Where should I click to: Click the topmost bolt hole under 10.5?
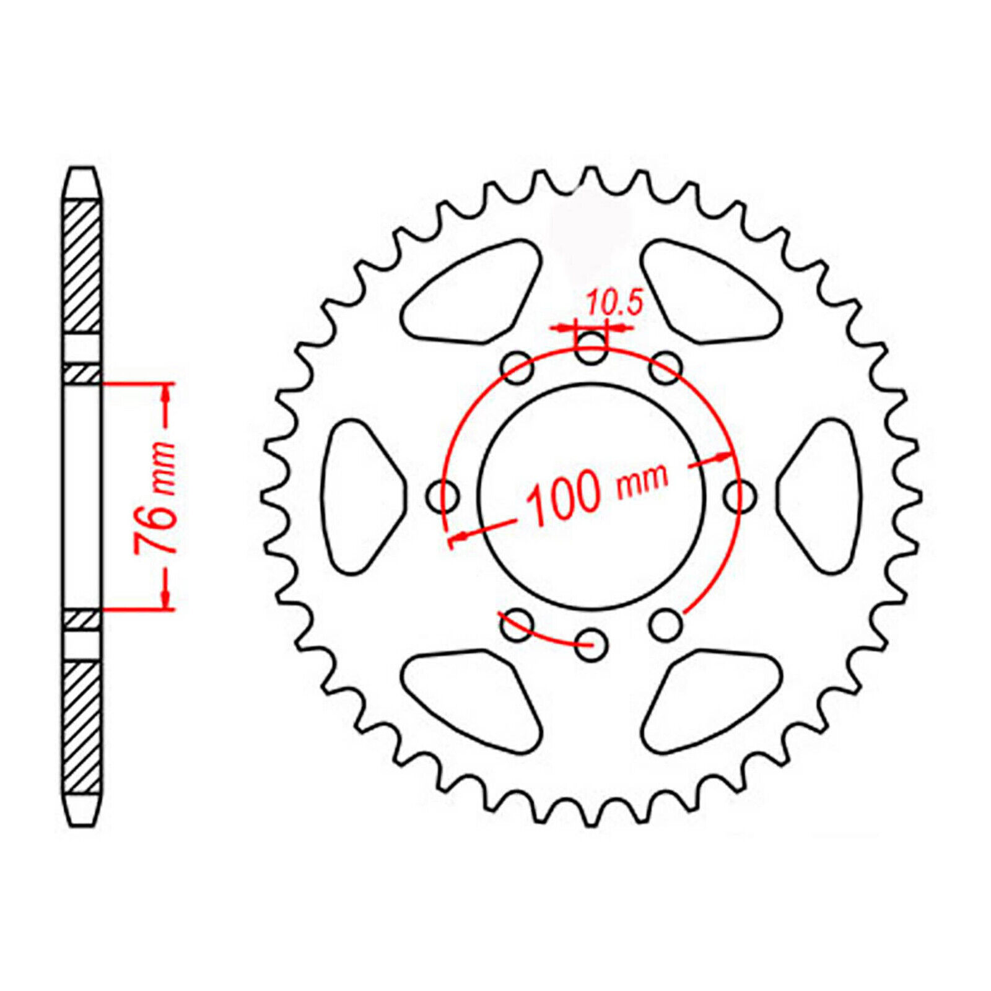point(592,347)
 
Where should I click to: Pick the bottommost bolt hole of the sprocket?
point(592,644)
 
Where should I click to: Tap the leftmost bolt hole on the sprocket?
point(443,496)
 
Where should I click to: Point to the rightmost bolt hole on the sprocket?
point(740,496)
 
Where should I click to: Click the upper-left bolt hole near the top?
point(517,368)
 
